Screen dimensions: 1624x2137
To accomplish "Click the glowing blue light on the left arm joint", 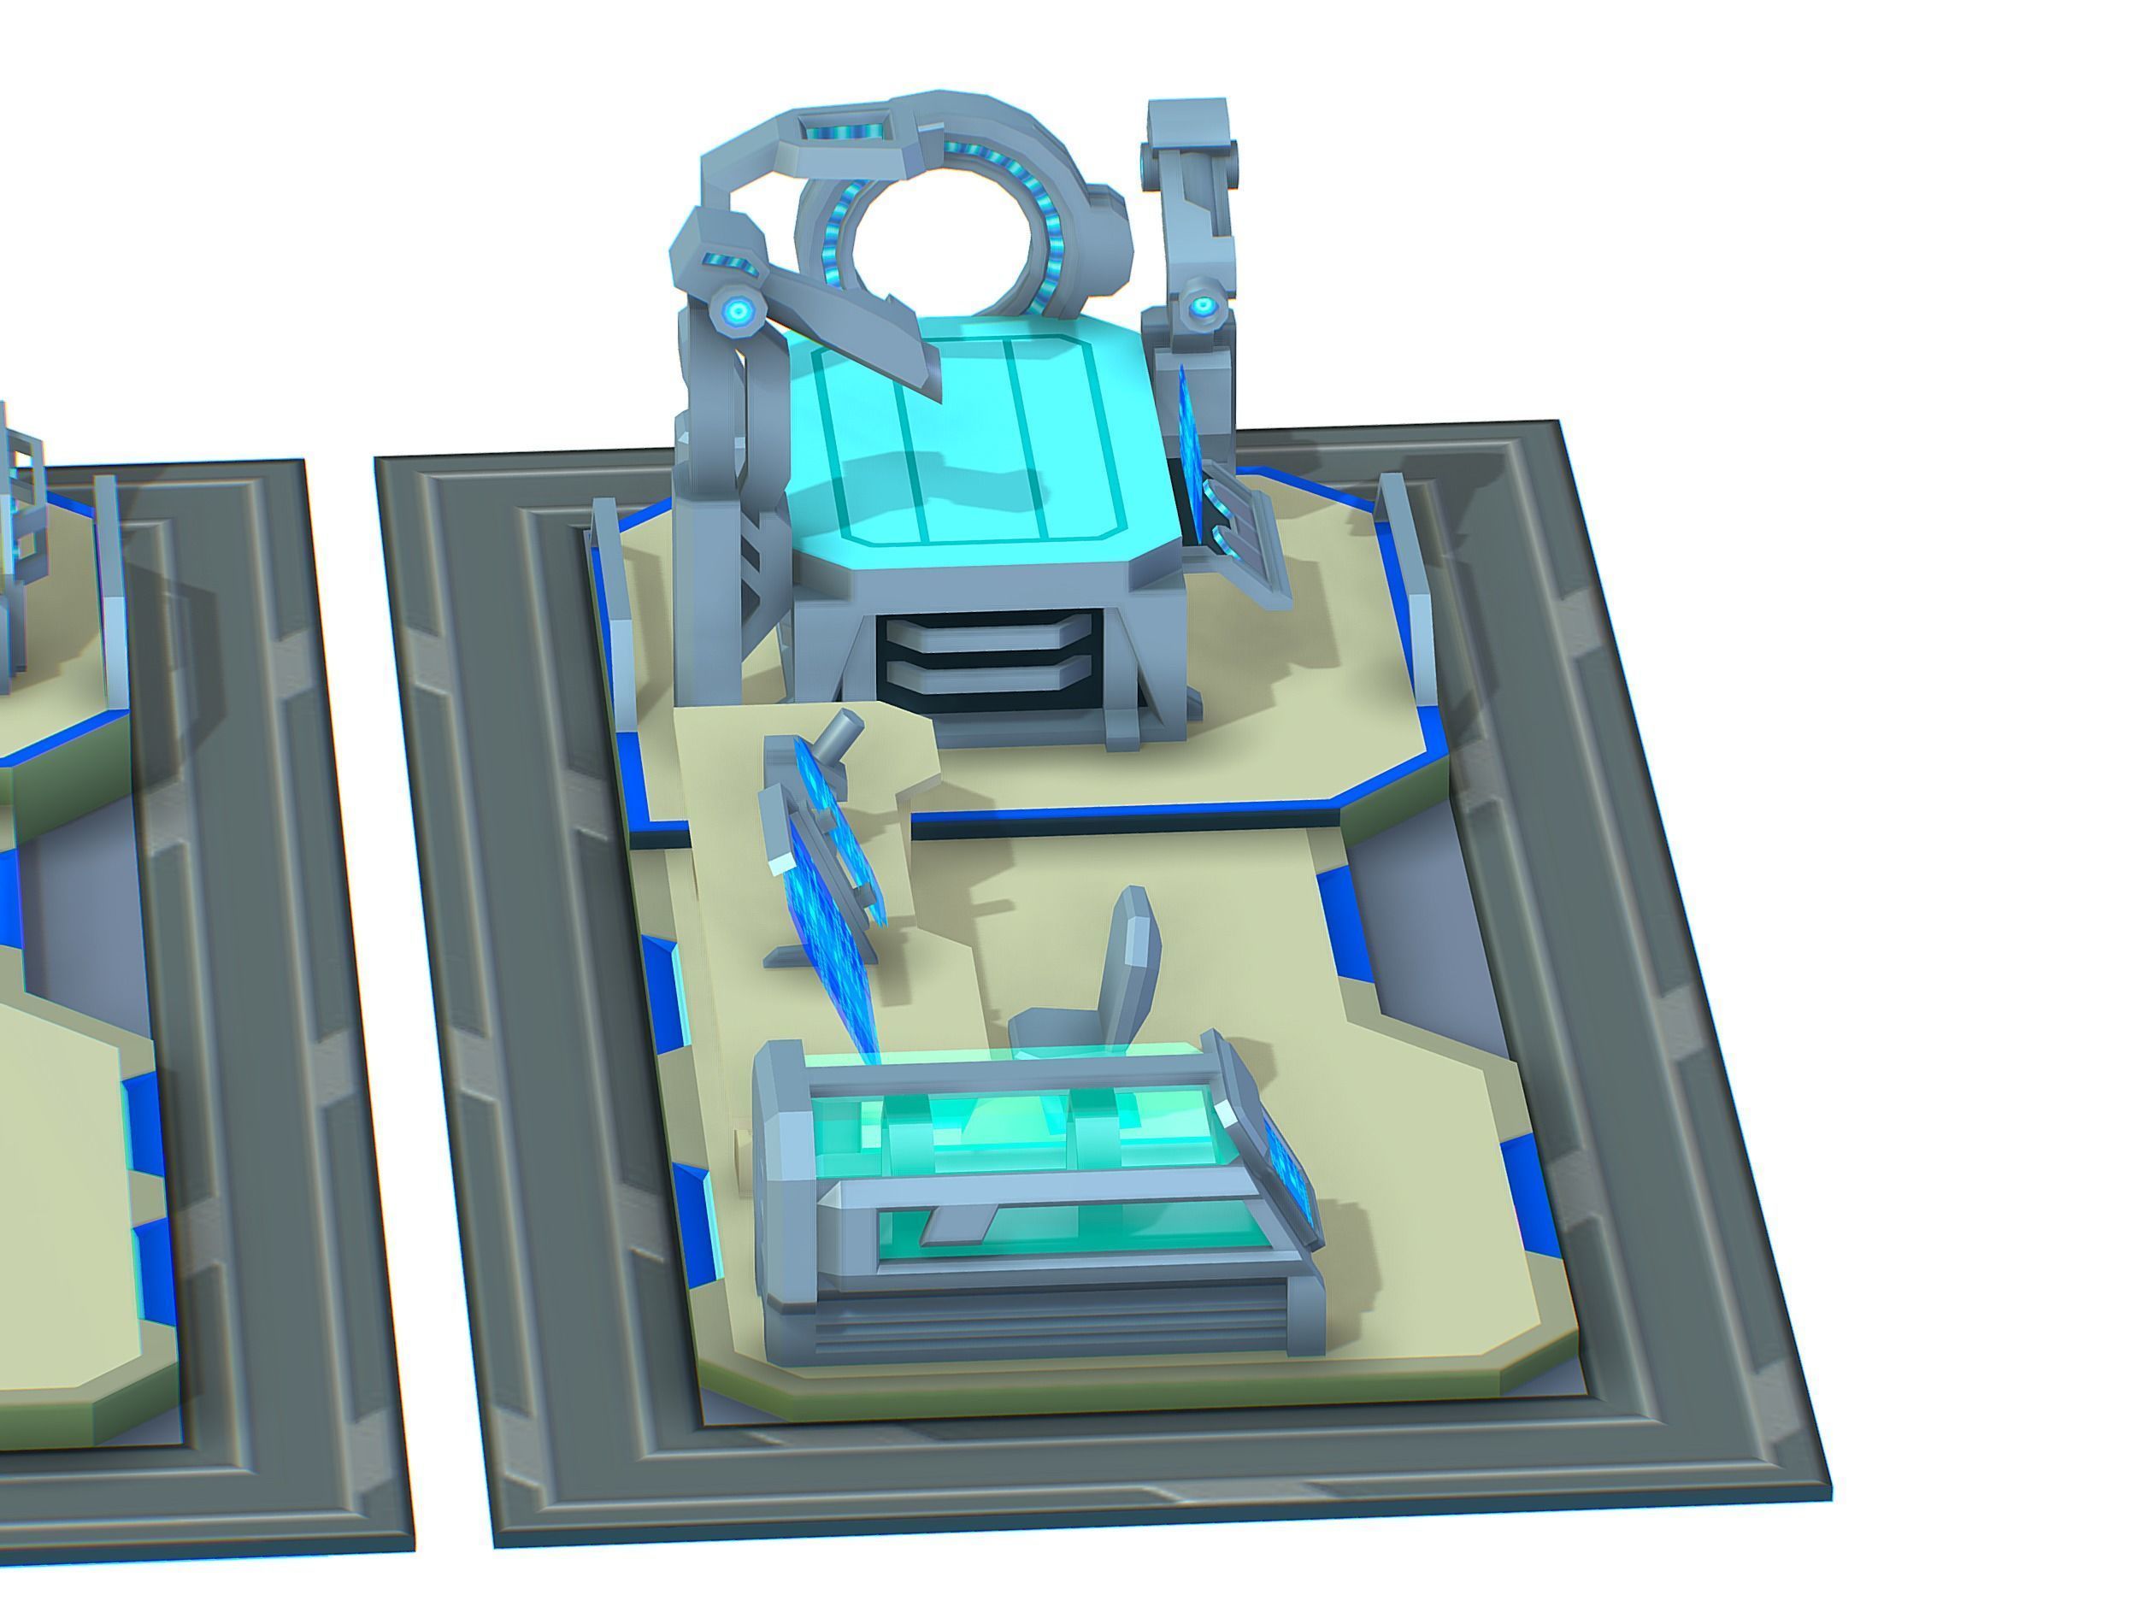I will tap(739, 310).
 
